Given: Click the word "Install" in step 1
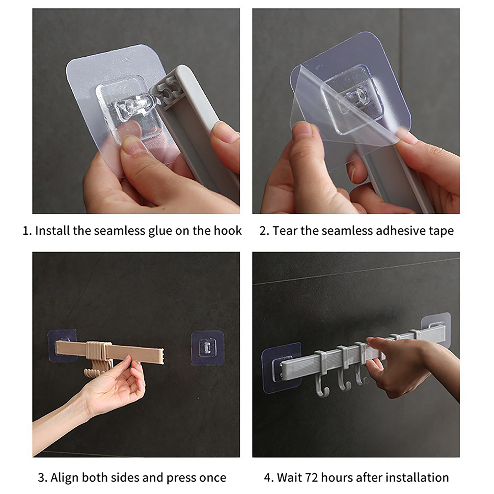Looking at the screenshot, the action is [x=52, y=231].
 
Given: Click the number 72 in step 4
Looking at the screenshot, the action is [x=312, y=478].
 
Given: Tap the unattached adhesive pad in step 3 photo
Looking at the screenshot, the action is [x=207, y=348].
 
